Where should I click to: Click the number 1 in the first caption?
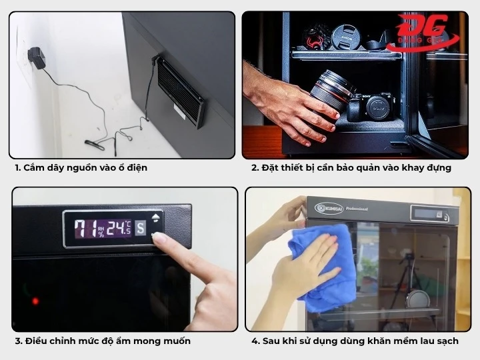click(17, 168)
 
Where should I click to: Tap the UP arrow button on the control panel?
click(157, 217)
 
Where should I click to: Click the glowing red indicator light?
click(35, 301)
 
